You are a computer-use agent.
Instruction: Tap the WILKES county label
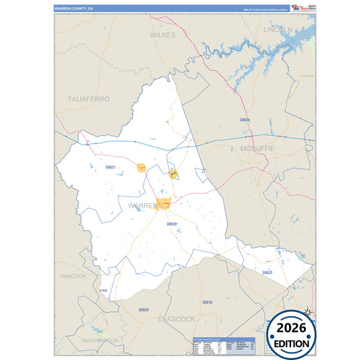coord(162,34)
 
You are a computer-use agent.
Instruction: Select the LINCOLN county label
coord(278,30)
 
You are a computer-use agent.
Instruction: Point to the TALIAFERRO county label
coord(88,99)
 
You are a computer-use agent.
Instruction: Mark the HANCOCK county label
coord(72,276)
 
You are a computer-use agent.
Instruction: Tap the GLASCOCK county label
coord(176,318)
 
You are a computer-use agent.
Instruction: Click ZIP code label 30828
coord(172,224)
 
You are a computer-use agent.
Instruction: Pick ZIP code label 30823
coord(267,272)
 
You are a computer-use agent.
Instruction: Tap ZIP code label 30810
coord(207,302)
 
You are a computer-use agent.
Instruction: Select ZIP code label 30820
coord(143,309)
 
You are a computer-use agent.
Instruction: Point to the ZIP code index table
coord(223,345)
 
